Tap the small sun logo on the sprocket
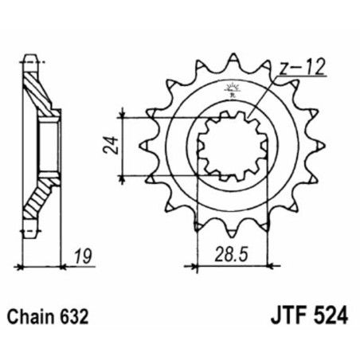[232, 88]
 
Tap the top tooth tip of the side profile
[30, 57]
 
